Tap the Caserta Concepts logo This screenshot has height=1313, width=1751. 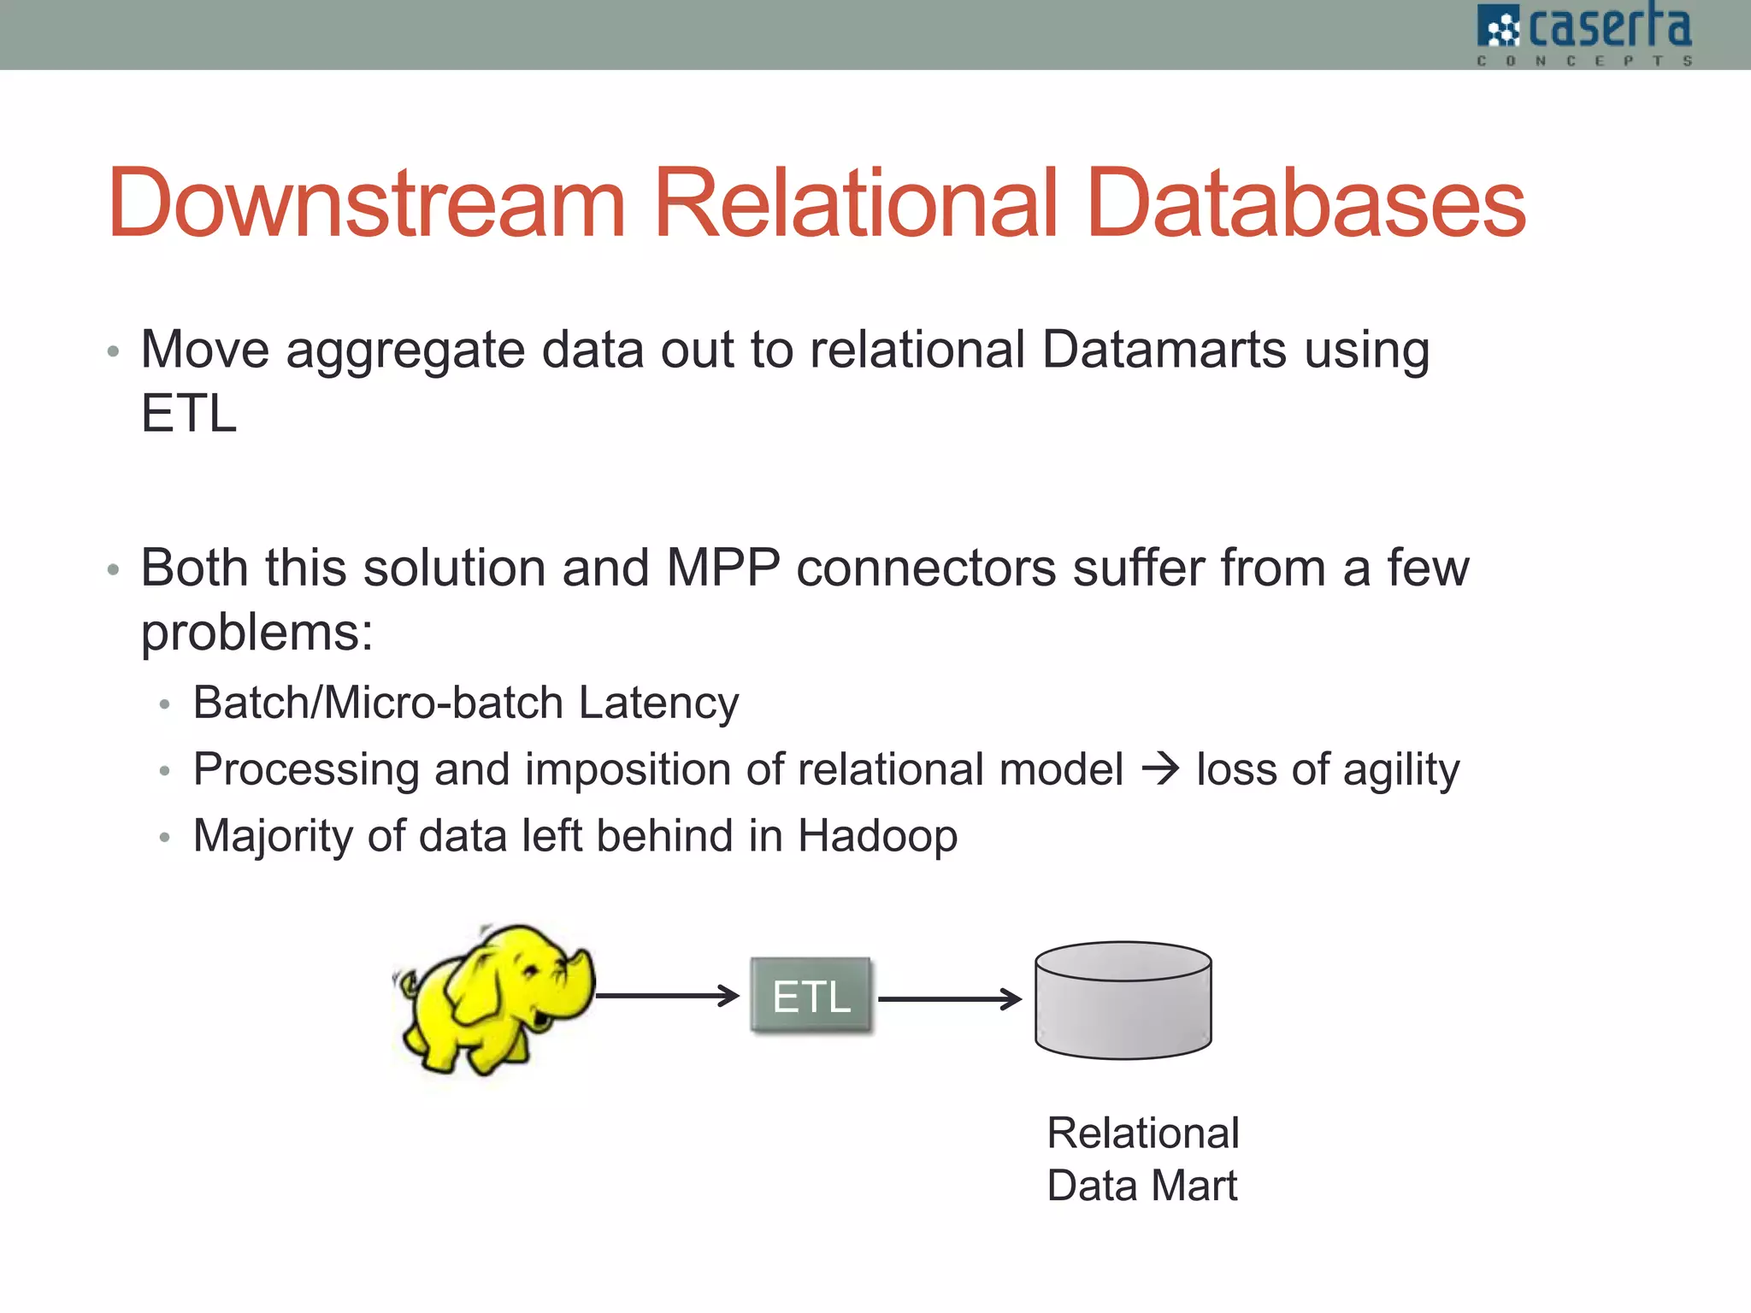1583,34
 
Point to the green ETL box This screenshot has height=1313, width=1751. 811,996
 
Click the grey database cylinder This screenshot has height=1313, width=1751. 1123,1000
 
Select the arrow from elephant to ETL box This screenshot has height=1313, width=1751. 667,995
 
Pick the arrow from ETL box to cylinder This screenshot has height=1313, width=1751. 949,998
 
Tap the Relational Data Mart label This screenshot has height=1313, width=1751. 1142,1159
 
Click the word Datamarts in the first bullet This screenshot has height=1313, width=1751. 1164,350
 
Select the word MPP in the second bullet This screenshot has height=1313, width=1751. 722,568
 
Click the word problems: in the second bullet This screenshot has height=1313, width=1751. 256,633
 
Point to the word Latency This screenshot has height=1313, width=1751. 658,703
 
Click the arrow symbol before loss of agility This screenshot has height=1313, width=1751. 1160,769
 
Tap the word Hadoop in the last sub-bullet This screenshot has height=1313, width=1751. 877,836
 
